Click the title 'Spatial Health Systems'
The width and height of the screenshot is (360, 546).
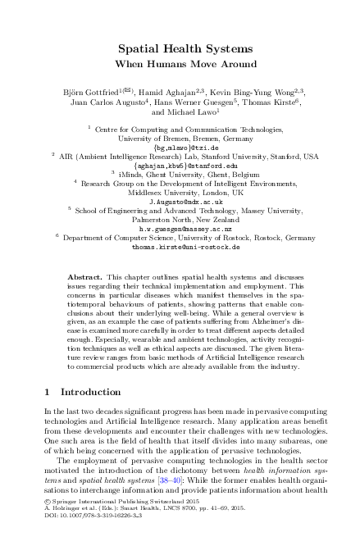click(180, 48)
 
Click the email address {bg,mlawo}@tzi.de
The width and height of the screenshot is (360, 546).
click(180, 148)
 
